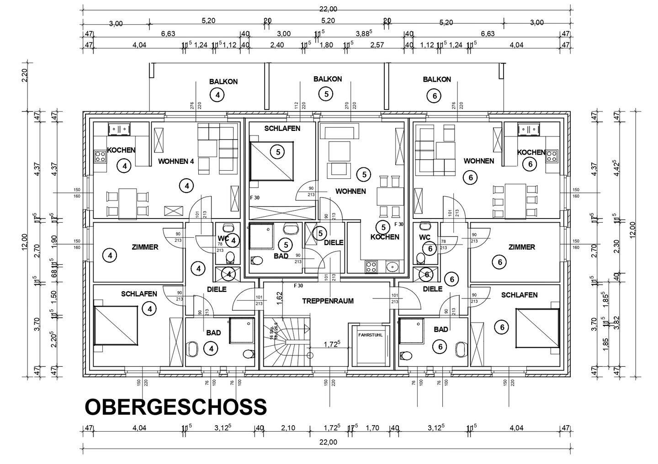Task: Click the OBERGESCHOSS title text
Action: [176, 407]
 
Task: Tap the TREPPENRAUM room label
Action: [328, 301]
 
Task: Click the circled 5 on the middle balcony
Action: [326, 94]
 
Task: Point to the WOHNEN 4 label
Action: [176, 161]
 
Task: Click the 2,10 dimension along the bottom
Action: [288, 428]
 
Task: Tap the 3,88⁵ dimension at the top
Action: [364, 33]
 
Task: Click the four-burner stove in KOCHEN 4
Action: [100, 157]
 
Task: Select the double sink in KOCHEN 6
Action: [529, 130]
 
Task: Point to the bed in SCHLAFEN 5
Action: [272, 161]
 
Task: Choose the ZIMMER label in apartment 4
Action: [145, 247]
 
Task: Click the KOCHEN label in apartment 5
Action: [385, 237]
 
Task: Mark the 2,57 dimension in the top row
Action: [377, 45]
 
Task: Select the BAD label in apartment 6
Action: [440, 329]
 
